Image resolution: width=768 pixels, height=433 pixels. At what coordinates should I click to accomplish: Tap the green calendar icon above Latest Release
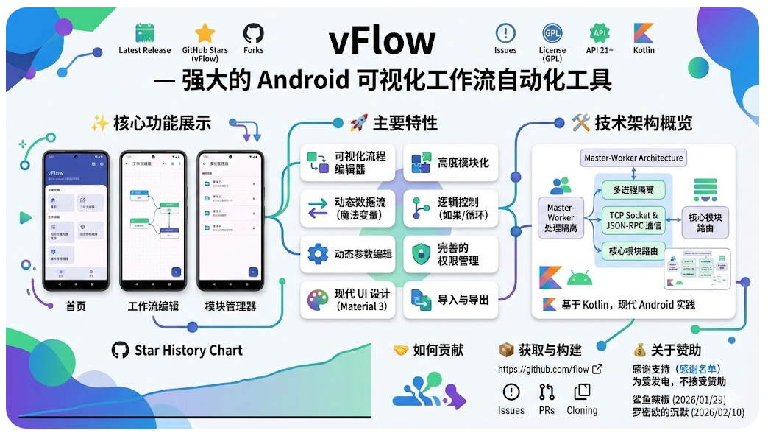pyautogui.click(x=145, y=33)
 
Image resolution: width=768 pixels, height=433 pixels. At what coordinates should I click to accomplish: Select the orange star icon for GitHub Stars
pyautogui.click(x=205, y=33)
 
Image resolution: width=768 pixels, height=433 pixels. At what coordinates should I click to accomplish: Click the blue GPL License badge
pyautogui.click(x=552, y=33)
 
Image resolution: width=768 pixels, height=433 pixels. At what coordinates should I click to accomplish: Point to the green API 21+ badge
pyautogui.click(x=600, y=33)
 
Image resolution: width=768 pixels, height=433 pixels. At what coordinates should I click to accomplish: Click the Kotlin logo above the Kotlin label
pyautogui.click(x=644, y=33)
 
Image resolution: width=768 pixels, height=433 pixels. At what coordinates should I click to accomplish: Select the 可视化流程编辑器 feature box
pyautogui.click(x=348, y=163)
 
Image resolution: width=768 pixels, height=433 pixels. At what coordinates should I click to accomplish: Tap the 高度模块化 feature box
pyautogui.click(x=450, y=163)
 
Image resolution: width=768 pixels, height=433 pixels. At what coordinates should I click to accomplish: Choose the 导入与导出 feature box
pyautogui.click(x=450, y=300)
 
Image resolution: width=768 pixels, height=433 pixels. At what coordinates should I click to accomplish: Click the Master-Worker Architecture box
pyautogui.click(x=633, y=158)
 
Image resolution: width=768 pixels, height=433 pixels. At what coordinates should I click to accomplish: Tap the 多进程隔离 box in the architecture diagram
pyautogui.click(x=633, y=190)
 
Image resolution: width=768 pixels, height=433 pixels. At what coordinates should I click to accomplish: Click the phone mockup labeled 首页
pyautogui.click(x=76, y=221)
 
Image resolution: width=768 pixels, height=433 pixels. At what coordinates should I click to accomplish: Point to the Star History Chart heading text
pyautogui.click(x=188, y=350)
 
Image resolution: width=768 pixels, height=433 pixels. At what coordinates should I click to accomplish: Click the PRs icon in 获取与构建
pyautogui.click(x=547, y=392)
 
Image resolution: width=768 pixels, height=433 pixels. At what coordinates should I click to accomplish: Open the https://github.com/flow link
pyautogui.click(x=543, y=370)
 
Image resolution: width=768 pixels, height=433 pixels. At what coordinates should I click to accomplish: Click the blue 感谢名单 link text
pyautogui.click(x=699, y=369)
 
